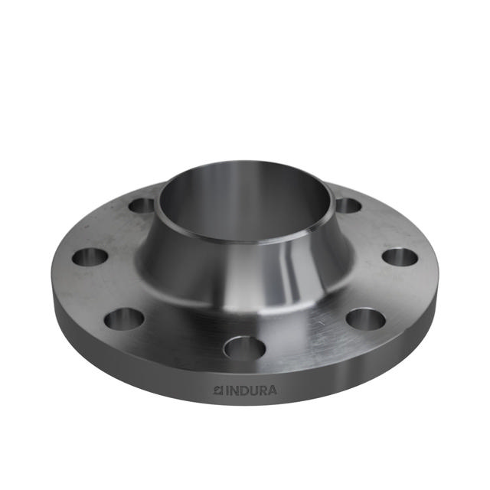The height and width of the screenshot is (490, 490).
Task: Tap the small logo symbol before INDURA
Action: (217, 390)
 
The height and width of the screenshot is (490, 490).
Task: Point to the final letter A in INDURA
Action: (273, 390)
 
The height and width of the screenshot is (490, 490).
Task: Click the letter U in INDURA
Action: (253, 390)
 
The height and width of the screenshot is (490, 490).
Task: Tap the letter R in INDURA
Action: (263, 390)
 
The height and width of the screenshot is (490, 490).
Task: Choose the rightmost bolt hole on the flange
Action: (400, 257)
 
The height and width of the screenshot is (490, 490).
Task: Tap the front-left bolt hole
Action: (124, 316)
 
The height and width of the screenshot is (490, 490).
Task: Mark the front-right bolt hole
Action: (365, 318)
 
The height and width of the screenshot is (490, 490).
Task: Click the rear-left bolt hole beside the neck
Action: (142, 205)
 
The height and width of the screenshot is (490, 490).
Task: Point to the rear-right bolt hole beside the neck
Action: (348, 205)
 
